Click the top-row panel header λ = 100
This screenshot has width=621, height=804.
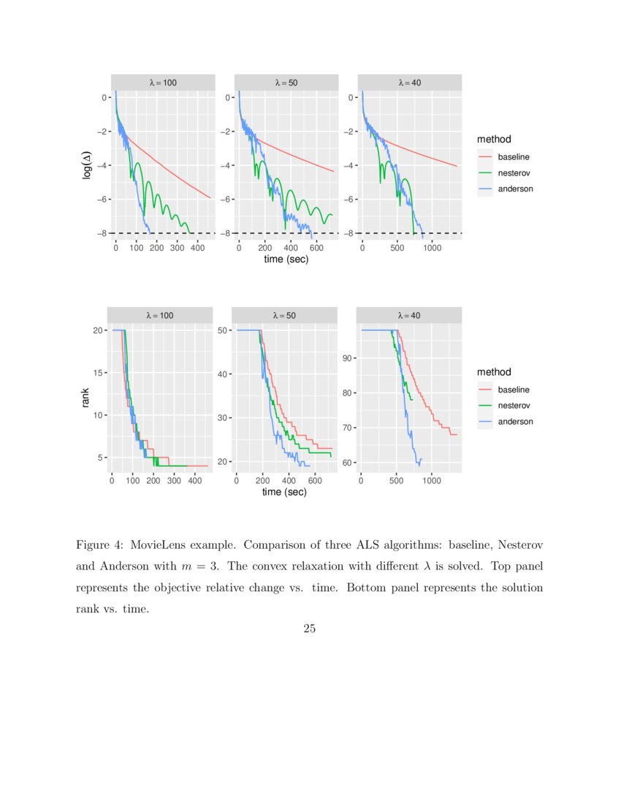[163, 83]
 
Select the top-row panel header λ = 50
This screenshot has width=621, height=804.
[286, 83]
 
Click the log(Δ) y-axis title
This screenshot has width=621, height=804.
[87, 165]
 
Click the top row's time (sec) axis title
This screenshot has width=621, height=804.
[286, 259]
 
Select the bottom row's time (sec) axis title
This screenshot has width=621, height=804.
[284, 492]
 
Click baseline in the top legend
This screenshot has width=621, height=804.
[514, 156]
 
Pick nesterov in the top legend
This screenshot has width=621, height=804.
[514, 172]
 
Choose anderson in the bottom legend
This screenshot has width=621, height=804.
[515, 422]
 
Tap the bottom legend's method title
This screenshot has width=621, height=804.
[494, 372]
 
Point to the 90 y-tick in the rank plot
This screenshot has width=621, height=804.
[348, 358]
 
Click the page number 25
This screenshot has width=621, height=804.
[309, 628]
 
